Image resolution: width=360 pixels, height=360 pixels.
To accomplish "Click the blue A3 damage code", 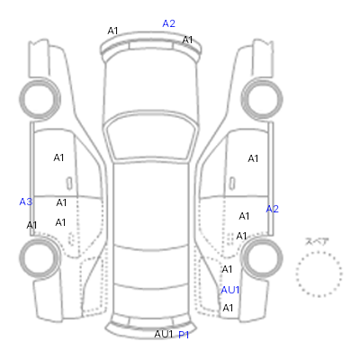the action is pyautogui.click(x=26, y=202).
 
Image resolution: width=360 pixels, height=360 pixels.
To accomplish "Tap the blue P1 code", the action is pyautogui.click(x=184, y=335).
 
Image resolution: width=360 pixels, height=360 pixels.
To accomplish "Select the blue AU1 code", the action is pyautogui.click(x=230, y=290).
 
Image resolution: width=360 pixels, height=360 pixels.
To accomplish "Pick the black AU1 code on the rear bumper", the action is pyautogui.click(x=164, y=334).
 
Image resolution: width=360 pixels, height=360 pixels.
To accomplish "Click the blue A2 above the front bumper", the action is pyautogui.click(x=168, y=23).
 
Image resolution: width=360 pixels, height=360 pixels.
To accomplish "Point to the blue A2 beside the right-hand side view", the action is pyautogui.click(x=273, y=209).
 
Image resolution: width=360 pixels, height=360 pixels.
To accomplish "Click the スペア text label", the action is pyautogui.click(x=317, y=241).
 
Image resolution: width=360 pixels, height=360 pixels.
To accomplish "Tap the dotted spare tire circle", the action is pyautogui.click(x=319, y=253).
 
